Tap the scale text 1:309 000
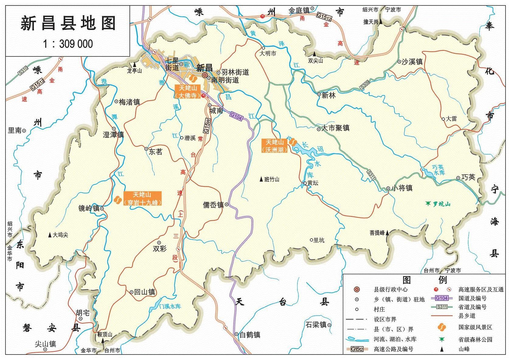68,44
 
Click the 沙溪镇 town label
412,62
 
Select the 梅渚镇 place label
129,102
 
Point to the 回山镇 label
144,292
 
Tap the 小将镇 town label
402,188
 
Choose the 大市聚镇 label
335,128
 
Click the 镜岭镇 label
89,208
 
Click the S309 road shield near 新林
365,85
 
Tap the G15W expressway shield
207,126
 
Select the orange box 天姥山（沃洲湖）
275,146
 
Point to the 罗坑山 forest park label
442,204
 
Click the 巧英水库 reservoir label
438,170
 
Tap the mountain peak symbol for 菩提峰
387,233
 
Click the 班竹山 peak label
272,179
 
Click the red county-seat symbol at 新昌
205,75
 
